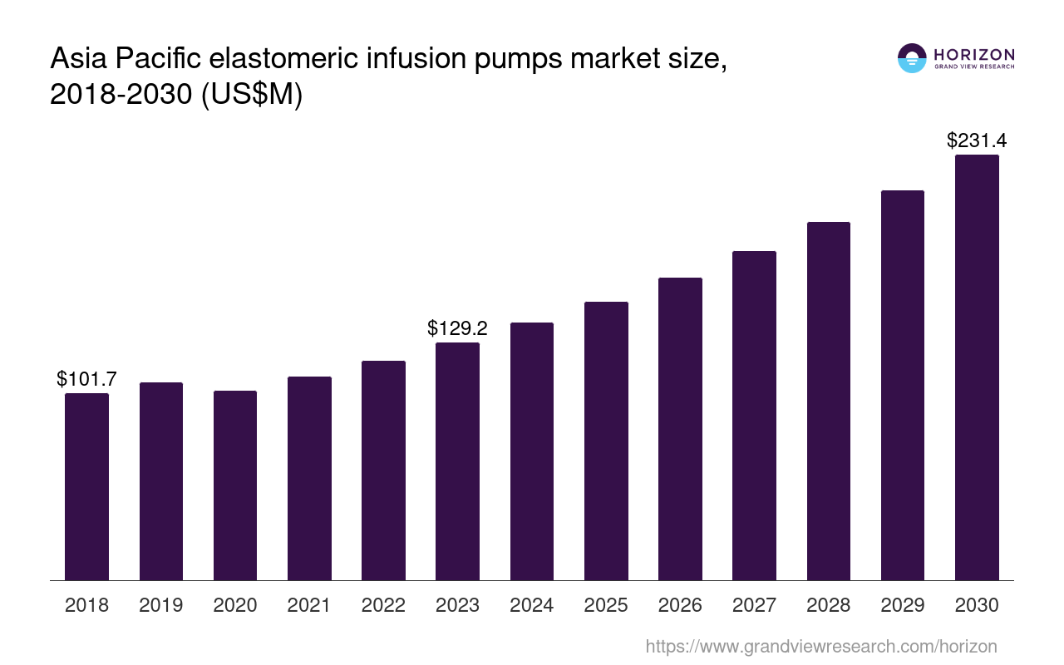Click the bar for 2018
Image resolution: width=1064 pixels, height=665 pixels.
tap(86, 486)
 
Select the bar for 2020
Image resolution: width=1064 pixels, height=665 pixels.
tap(235, 485)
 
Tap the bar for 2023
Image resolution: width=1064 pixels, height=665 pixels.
tap(457, 461)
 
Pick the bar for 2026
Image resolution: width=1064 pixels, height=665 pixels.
tap(680, 429)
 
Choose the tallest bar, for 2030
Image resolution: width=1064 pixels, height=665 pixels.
tap(977, 367)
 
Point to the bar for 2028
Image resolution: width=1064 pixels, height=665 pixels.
tap(829, 401)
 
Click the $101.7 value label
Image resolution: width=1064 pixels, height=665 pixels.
tap(86, 379)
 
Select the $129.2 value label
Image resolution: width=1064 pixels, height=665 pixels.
tap(457, 328)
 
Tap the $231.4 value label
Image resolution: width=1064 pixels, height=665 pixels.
tap(977, 140)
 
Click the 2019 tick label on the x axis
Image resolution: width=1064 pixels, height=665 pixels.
tap(161, 605)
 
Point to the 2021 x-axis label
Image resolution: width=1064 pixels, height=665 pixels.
tap(309, 605)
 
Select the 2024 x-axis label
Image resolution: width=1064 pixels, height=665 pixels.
tap(532, 605)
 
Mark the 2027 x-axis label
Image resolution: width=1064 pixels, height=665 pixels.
tap(754, 605)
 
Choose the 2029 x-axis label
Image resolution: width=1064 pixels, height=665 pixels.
tap(903, 605)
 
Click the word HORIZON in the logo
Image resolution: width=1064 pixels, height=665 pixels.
tap(974, 55)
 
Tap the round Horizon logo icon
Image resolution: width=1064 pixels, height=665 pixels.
tap(912, 58)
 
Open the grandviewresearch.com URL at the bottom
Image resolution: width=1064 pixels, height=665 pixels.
tap(820, 646)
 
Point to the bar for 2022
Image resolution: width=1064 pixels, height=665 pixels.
tap(383, 470)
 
